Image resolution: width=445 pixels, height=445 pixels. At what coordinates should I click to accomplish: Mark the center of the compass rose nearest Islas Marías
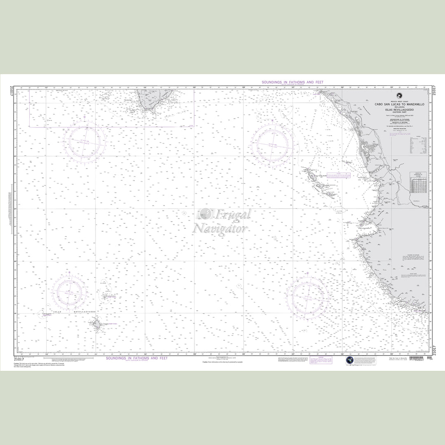[x=274, y=145]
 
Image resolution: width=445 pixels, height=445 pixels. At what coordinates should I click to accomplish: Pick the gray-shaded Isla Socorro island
[x=96, y=325]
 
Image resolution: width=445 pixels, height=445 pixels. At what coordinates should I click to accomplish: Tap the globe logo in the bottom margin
[x=349, y=361]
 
